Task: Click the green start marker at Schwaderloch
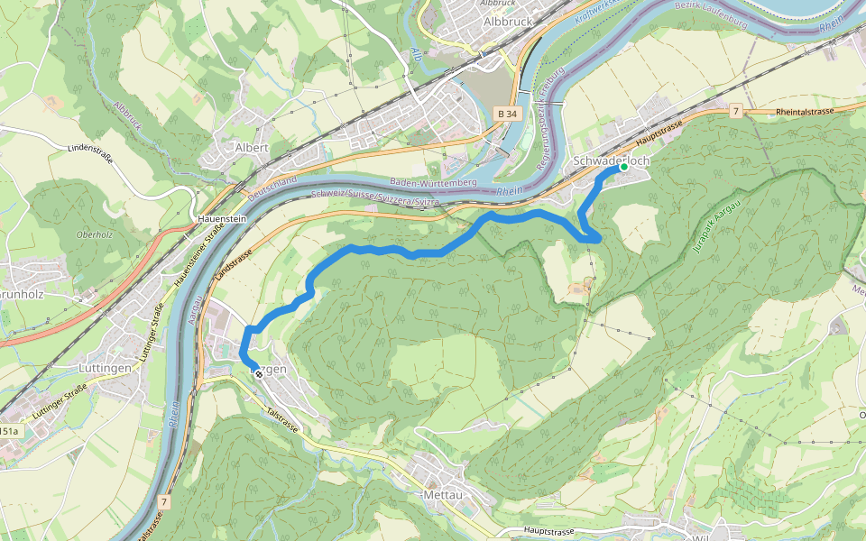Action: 622,168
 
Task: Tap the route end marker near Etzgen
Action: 259,373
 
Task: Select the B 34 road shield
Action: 507,114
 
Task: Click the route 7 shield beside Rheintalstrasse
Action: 736,111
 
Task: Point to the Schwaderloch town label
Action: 612,160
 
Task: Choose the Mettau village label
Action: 443,494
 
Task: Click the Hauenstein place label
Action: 223,219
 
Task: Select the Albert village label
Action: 252,147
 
